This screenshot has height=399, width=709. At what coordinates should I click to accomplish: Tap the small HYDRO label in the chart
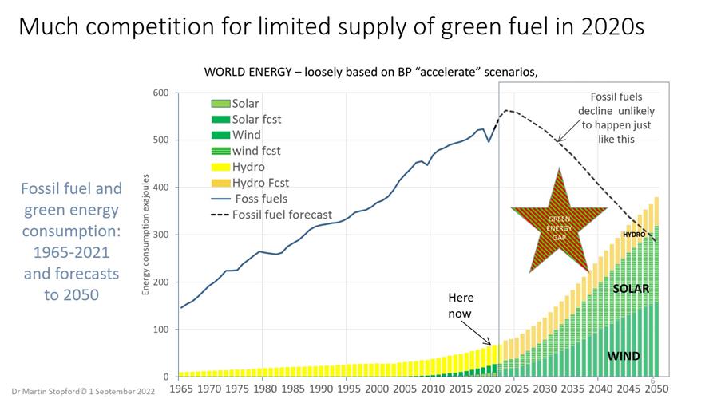tap(633, 235)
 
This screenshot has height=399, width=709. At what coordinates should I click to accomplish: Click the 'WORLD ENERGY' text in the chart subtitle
tap(248, 73)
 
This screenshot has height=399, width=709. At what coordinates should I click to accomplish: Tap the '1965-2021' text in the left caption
tap(71, 251)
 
